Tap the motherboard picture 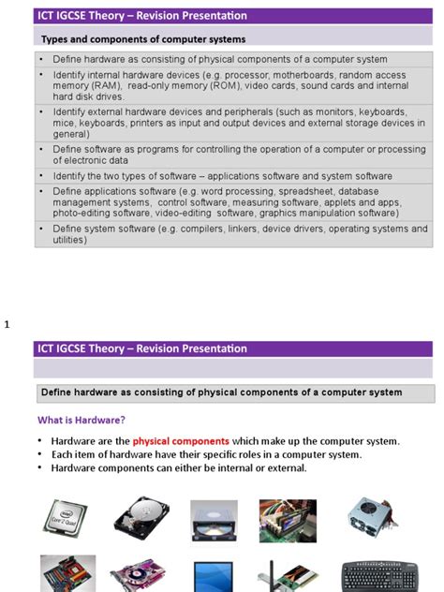(x=67, y=574)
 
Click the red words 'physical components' (x=181, y=441)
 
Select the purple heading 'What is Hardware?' (x=81, y=420)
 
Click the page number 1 (x=7, y=324)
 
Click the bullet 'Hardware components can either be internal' (x=179, y=468)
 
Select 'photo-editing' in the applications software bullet (x=81, y=213)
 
